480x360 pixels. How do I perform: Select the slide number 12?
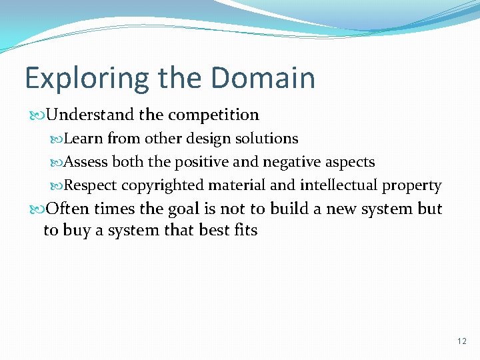(x=462, y=341)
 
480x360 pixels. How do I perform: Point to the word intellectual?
(x=339, y=185)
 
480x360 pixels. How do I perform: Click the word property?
(x=411, y=186)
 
